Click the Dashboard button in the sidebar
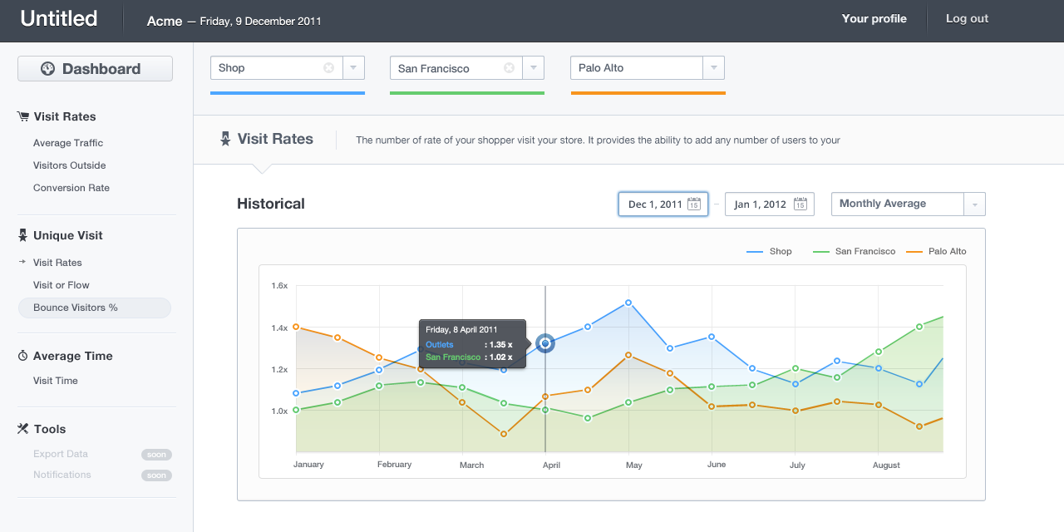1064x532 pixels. coord(95,69)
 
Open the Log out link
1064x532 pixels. coord(967,18)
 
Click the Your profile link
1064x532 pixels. coord(874,18)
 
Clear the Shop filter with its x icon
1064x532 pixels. coord(328,68)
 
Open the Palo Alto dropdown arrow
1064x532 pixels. coord(713,68)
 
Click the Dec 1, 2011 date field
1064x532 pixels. coord(663,204)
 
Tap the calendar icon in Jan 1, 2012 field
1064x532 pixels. coord(800,204)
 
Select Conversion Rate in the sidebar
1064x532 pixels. coord(71,188)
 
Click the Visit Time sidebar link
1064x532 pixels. coord(55,381)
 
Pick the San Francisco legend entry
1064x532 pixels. coord(854,251)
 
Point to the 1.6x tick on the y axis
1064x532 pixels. coord(279,285)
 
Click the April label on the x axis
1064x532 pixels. coord(551,465)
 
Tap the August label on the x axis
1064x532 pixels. coord(886,465)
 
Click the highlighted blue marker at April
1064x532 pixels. coord(545,343)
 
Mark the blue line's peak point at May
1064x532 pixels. coord(628,303)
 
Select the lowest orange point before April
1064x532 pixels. coord(504,434)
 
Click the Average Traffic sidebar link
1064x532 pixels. coord(68,143)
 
